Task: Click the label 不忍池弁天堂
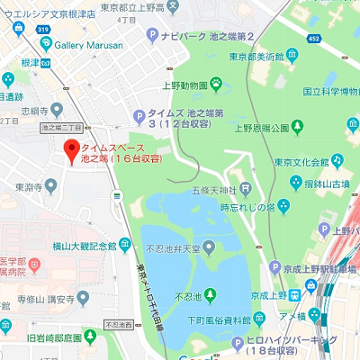[177, 246]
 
